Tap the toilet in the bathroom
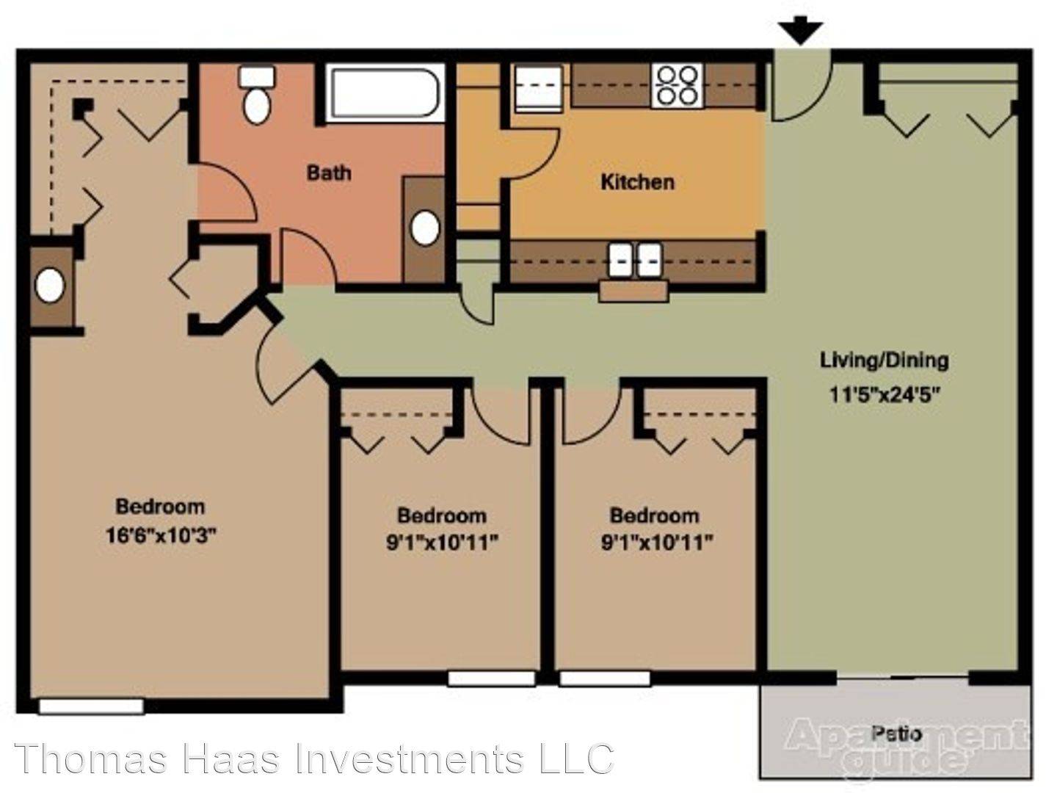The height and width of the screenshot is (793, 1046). pos(256,95)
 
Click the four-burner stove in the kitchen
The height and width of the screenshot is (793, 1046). pos(678,86)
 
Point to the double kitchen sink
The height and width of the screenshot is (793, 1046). pos(635,260)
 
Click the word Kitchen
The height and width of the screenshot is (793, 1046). pos(637,182)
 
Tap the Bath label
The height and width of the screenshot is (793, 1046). pos(329,173)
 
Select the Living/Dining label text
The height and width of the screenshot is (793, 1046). pos(884,361)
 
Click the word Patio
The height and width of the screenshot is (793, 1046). pos(896,734)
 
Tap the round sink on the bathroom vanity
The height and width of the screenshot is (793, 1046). pos(424,228)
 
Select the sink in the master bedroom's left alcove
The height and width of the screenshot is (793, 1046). pos(50,285)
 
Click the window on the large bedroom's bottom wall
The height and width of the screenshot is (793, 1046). pos(91,706)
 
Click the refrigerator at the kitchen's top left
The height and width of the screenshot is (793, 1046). pos(537,89)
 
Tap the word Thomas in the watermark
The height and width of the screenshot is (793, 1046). pos(91,758)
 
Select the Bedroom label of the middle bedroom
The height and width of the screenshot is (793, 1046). pos(442,515)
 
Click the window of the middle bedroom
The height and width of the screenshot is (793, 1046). pos(492,678)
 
